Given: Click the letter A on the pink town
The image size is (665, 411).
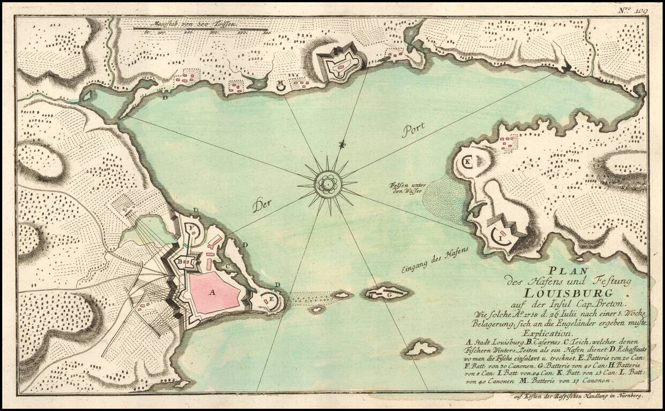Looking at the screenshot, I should (x=211, y=292).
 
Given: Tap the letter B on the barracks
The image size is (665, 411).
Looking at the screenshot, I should (x=179, y=261).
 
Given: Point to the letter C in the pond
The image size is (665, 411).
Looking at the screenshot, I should (x=227, y=266).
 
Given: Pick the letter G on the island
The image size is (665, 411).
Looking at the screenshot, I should (x=389, y=293).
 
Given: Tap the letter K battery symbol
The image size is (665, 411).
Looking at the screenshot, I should (x=467, y=161).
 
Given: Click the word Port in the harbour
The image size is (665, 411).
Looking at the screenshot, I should (x=413, y=130).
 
